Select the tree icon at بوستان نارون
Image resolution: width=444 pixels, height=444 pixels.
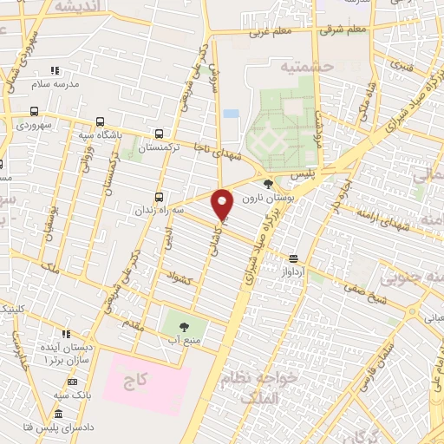[x=268, y=184]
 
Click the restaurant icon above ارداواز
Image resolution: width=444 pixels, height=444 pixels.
[x=294, y=258]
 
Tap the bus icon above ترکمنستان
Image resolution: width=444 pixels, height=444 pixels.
[x=158, y=134]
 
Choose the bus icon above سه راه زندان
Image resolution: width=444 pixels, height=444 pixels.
[x=158, y=197]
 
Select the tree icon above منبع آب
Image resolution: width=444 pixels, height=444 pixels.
[x=184, y=327]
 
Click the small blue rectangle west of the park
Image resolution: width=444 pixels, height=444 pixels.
[x=230, y=113]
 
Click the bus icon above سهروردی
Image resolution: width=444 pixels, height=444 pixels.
[x=33, y=110]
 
